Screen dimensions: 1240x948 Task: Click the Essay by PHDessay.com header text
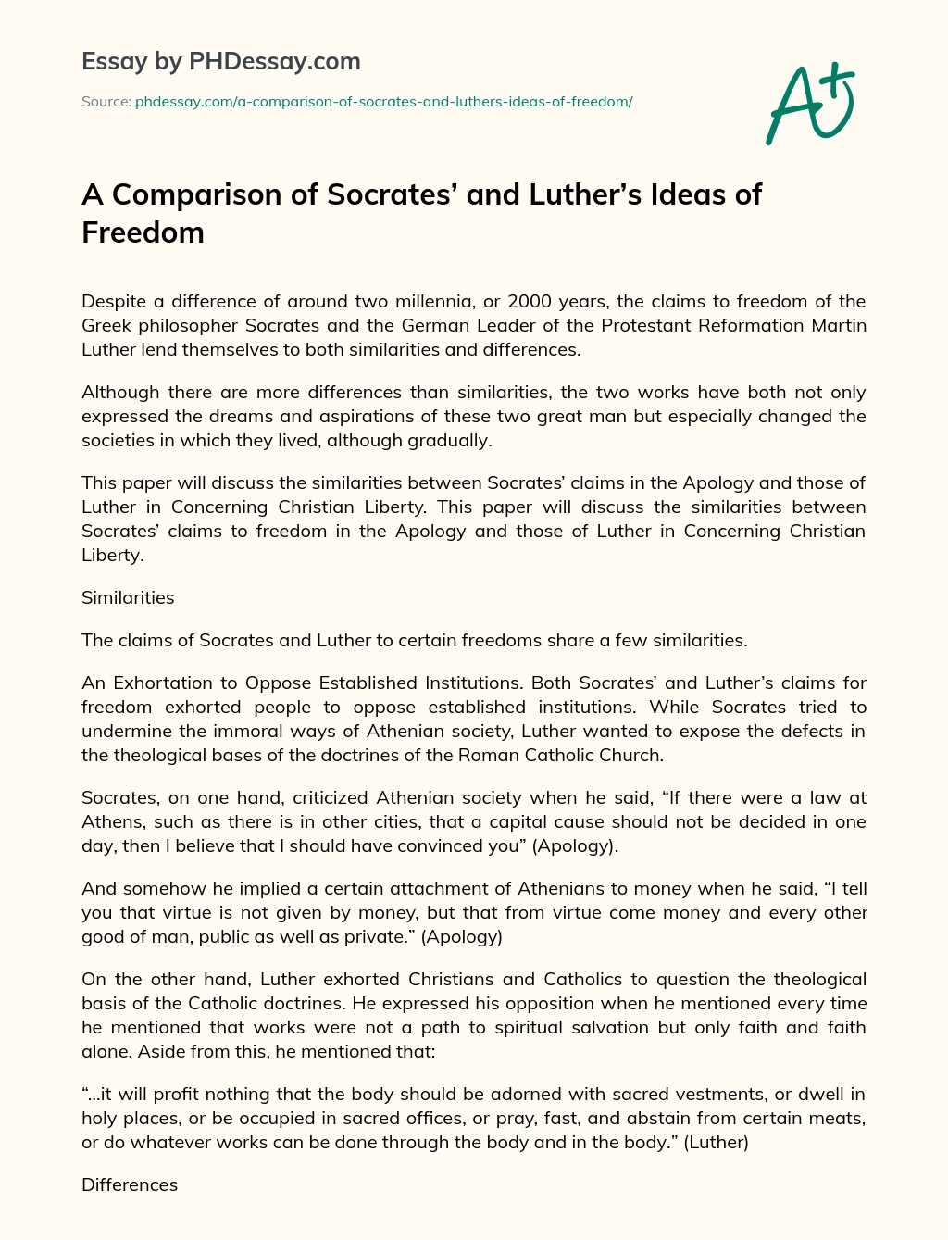coord(220,62)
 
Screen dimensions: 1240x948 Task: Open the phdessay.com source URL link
coord(383,102)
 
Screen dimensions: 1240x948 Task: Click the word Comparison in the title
coord(211,194)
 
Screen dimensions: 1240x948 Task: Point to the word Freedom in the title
coord(143,232)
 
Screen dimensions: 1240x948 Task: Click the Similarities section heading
coord(128,597)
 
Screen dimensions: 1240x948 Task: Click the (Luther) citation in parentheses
coord(716,1142)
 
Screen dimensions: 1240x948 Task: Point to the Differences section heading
coord(130,1184)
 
